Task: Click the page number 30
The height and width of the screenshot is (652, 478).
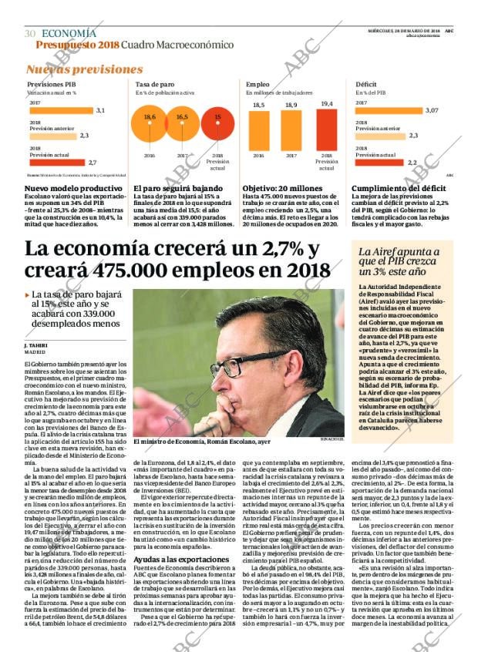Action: coord(30,34)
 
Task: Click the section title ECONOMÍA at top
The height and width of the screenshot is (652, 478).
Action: coord(69,33)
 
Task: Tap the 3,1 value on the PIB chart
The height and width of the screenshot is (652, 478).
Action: coord(100,110)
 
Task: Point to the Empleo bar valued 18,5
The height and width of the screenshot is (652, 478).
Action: coord(259,131)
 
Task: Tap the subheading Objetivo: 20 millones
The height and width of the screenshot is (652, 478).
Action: coord(282,188)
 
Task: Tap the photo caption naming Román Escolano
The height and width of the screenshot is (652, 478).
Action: coord(201,442)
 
